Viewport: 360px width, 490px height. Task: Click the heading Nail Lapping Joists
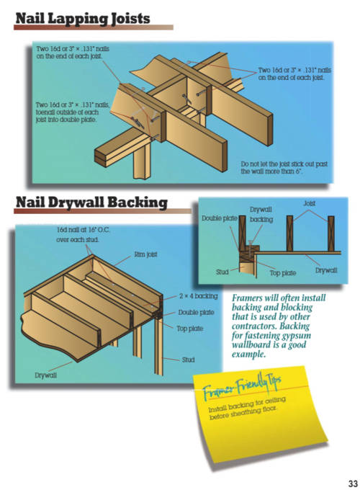[x=83, y=19]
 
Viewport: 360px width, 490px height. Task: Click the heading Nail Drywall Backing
[x=91, y=202]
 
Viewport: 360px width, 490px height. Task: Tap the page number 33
[x=353, y=483]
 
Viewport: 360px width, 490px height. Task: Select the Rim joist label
[x=145, y=254]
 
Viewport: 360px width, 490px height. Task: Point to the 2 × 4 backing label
[x=198, y=295]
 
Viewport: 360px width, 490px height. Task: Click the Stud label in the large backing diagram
[x=188, y=360]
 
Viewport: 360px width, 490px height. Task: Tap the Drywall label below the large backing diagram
[x=45, y=375]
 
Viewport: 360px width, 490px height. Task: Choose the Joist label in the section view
[x=309, y=203]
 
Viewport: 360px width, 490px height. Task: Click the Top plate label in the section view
[x=282, y=273]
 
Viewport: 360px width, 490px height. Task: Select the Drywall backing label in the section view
[x=261, y=215]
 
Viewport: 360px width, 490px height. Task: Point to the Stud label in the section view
[x=222, y=272]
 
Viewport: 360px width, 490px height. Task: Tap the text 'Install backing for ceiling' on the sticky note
[x=247, y=404]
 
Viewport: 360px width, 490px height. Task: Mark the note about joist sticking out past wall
[x=284, y=167]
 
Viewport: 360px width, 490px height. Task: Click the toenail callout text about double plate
[x=73, y=112]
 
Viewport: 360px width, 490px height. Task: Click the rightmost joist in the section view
[x=331, y=233]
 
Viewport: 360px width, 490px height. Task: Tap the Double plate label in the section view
[x=219, y=218]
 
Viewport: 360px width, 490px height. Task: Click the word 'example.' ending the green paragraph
[x=248, y=355]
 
